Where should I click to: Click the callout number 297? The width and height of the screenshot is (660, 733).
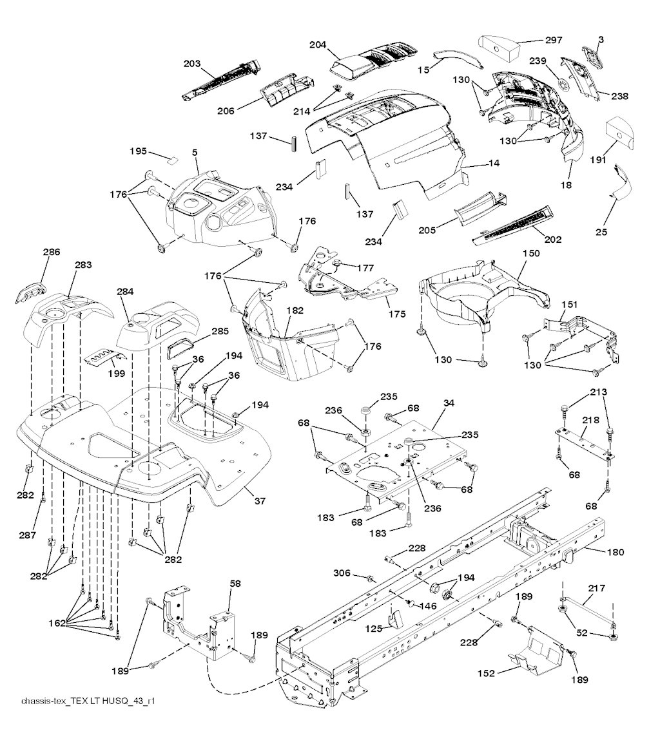554,40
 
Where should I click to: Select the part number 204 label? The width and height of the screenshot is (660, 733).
318,45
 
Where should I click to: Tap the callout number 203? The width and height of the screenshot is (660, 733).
192,64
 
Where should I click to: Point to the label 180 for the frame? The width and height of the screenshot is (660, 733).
615,552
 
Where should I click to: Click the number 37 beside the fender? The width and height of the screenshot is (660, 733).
260,500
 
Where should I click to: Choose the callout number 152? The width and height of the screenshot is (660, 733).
486,673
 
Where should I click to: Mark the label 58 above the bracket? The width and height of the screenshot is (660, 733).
235,584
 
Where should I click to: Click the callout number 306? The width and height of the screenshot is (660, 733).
342,573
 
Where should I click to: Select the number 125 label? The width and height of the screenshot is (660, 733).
373,629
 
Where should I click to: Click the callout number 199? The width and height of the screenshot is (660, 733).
117,373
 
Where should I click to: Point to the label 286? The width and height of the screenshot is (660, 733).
52,252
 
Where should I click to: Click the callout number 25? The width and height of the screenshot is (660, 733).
601,231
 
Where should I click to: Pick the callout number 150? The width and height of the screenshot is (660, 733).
531,253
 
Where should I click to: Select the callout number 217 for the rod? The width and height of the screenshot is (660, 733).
596,588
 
